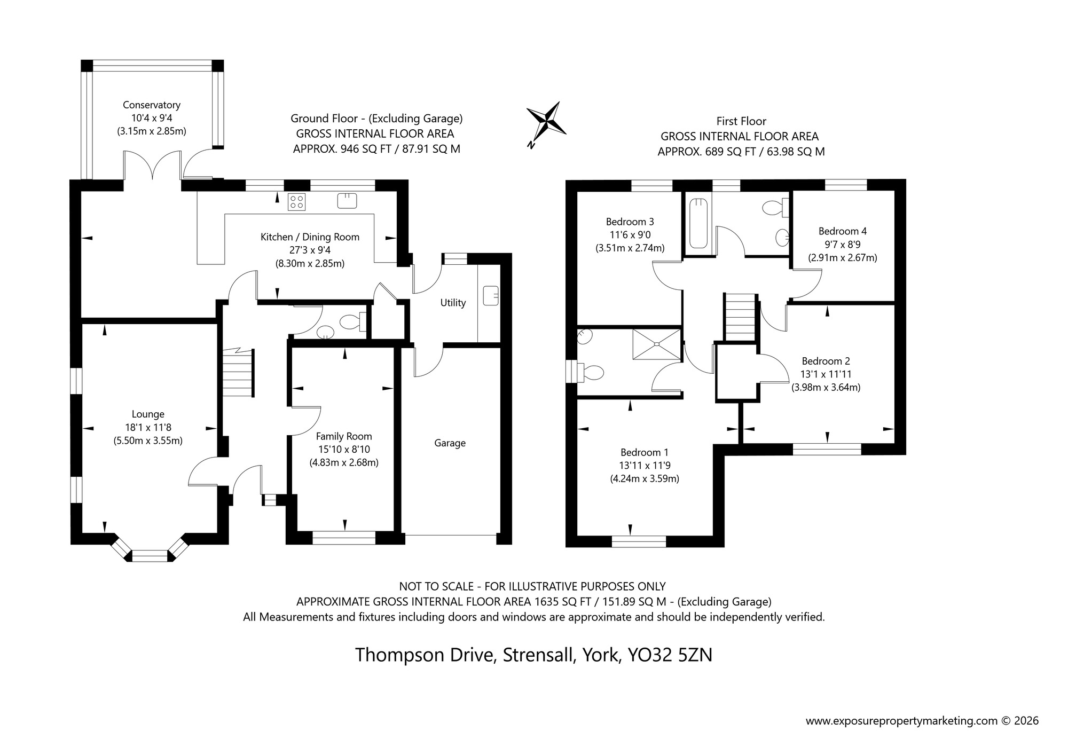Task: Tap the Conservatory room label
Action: point(152,105)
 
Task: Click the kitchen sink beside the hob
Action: point(347,201)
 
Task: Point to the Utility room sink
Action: point(490,296)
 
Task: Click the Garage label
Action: point(450,443)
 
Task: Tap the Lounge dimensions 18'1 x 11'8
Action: point(148,428)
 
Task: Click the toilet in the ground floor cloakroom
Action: point(351,321)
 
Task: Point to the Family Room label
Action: point(344,436)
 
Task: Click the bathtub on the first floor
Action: point(698,223)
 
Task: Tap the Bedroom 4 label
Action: point(842,231)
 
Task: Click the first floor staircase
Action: point(740,317)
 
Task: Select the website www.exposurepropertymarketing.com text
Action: point(901,721)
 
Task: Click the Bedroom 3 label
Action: point(630,222)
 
